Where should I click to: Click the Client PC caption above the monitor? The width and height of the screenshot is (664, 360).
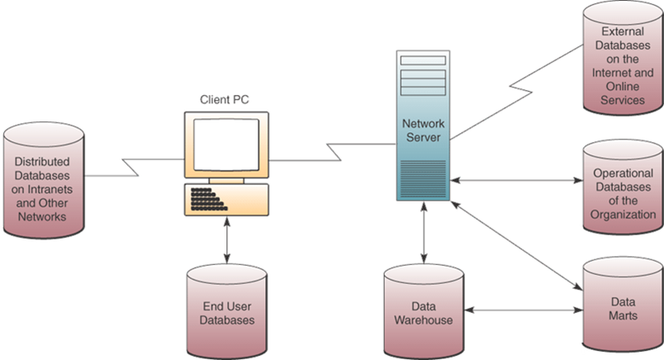225,99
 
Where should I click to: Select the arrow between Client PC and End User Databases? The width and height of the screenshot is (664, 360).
225,242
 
